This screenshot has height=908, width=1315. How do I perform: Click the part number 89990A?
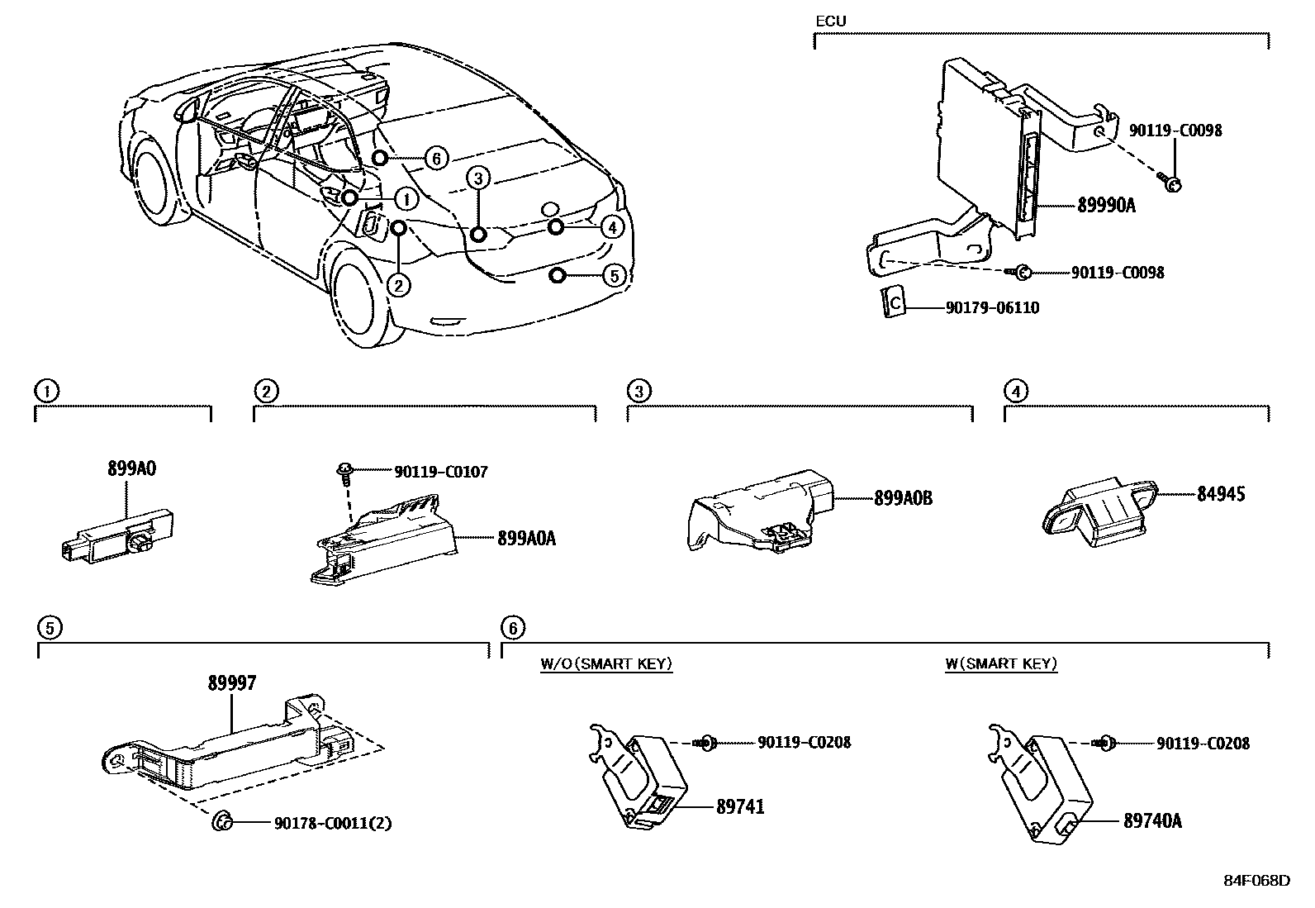click(x=1105, y=205)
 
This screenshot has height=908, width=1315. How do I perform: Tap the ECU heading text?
click(x=830, y=21)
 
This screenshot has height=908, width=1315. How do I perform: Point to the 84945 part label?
click(x=1221, y=494)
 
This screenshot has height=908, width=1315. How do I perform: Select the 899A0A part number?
click(x=526, y=539)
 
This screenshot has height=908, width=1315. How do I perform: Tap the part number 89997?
click(x=231, y=683)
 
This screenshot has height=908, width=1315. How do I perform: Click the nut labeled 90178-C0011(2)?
click(x=221, y=821)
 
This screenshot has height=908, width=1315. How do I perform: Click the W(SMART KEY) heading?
click(x=1001, y=663)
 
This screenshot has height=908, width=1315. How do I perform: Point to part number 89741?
click(x=740, y=806)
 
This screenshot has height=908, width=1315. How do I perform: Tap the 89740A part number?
click(x=1152, y=820)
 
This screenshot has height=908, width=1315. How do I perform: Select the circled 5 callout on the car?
click(x=614, y=275)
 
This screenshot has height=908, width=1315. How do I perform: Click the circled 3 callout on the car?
click(x=479, y=177)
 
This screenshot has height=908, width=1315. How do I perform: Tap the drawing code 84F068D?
click(x=1256, y=880)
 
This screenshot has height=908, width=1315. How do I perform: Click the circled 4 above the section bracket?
click(x=1015, y=391)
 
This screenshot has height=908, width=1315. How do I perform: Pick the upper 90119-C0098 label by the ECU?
click(x=1176, y=131)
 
